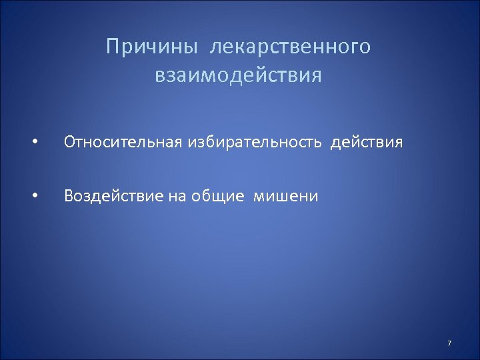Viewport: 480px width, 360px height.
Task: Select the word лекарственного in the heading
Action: tap(291, 47)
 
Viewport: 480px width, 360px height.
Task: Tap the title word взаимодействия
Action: tap(238, 75)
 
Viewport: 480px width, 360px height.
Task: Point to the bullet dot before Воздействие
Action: tap(34, 197)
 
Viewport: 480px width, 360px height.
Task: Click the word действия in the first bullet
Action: tap(367, 142)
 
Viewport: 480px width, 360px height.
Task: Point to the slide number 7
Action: tap(449, 343)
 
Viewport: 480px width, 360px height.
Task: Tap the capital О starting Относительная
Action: tap(69, 142)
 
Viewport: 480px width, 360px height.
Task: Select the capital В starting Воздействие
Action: tap(68, 196)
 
